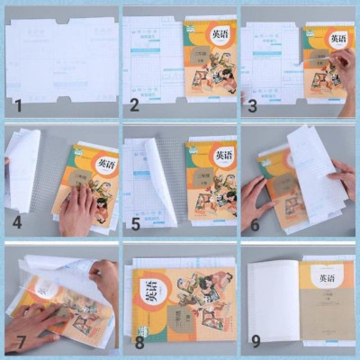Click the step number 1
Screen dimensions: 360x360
point(16,106)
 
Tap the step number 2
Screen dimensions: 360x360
point(134,106)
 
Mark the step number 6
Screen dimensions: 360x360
point(253,223)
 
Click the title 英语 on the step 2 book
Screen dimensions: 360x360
point(220,34)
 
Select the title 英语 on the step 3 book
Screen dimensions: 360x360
point(337,40)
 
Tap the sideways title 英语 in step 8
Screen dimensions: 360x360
point(145,293)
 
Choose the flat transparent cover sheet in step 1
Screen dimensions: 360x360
point(59,58)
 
